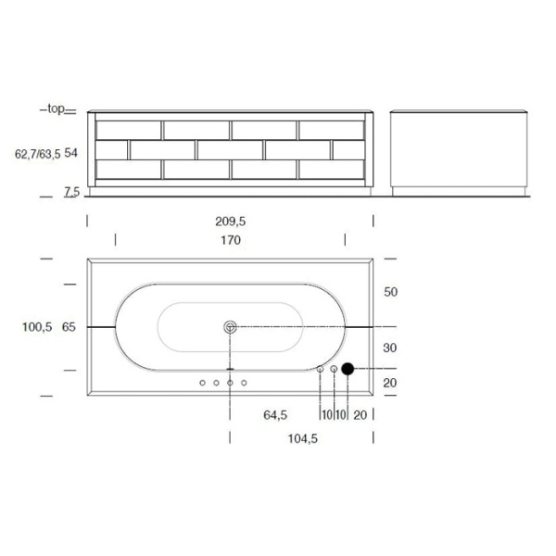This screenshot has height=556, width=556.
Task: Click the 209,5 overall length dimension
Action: point(231,221)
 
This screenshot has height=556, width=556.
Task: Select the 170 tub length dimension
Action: point(231,240)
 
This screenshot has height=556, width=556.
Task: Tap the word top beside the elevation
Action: point(56,108)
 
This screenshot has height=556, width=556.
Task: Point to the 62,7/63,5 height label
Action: point(38,154)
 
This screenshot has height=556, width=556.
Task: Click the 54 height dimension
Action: point(71,153)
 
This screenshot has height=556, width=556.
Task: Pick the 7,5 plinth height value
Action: point(71,192)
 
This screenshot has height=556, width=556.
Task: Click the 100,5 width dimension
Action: point(37,327)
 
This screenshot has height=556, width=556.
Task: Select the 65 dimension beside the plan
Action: point(69,327)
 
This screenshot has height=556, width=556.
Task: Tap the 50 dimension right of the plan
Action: point(391,292)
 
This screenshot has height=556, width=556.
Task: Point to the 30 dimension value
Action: point(390,347)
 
